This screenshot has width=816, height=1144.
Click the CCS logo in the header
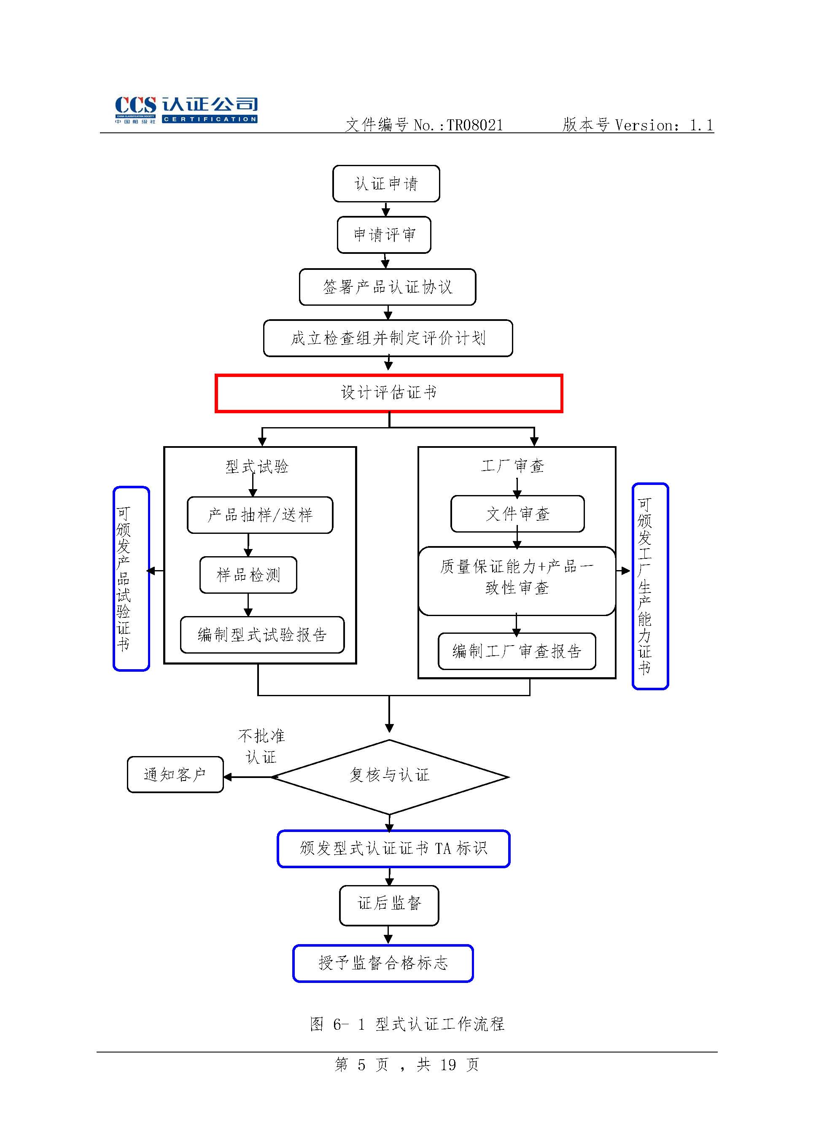coord(186,110)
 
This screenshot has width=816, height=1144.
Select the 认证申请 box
coord(386,184)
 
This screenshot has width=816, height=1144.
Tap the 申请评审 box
coord(384,234)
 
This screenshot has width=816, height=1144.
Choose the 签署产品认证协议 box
coord(388,287)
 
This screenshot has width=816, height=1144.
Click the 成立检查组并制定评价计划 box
coord(388,338)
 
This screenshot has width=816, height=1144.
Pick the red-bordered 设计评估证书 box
coord(388,393)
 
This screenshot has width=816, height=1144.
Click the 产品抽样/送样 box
coord(260,515)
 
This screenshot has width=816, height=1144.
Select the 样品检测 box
coord(248,575)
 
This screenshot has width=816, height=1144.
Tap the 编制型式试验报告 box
coord(262,635)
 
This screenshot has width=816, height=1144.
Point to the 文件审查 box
coord(517,514)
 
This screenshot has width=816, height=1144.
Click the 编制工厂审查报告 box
coord(517,651)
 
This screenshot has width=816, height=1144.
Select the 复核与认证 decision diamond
coord(389,776)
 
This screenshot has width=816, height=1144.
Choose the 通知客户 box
coord(175,775)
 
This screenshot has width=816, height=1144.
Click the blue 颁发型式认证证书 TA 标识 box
coord(393,848)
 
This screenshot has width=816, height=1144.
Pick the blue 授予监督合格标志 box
coord(383,963)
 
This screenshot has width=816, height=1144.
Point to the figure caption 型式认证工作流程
coord(440,1024)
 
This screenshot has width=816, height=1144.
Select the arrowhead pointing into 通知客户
coord(228,777)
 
